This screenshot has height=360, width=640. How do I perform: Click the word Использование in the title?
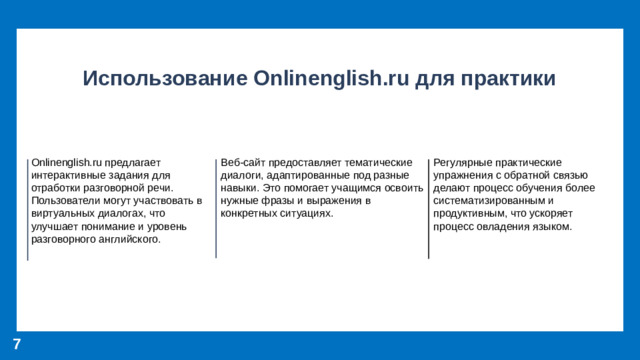(x=164, y=78)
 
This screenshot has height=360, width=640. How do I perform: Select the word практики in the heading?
(x=507, y=78)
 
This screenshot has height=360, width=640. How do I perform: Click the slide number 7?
(x=17, y=344)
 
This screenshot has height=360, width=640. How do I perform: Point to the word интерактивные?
(x=67, y=174)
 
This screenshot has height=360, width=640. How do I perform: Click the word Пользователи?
(x=65, y=200)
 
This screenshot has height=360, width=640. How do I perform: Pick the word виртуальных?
(x=64, y=213)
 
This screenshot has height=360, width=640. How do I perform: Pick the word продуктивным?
(x=471, y=213)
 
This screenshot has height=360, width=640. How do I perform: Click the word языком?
(x=551, y=226)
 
